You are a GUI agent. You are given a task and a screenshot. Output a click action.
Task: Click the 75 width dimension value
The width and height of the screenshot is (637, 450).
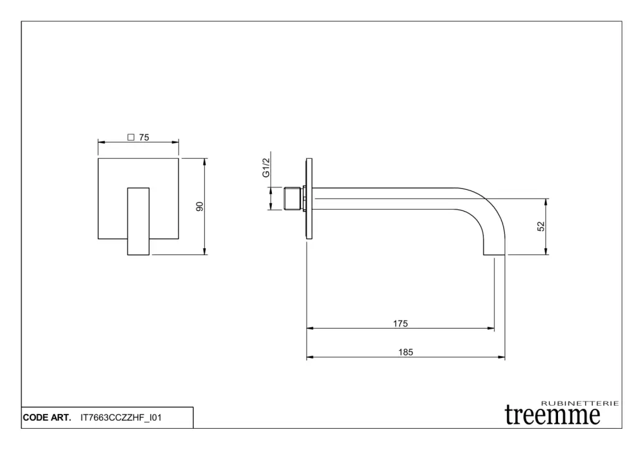click(144, 138)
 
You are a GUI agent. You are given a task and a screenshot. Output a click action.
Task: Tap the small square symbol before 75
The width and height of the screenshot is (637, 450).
click(131, 138)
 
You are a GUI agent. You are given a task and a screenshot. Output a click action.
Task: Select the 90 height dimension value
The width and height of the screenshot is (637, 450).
click(200, 207)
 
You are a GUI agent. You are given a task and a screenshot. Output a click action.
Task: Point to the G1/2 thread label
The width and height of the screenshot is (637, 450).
click(266, 167)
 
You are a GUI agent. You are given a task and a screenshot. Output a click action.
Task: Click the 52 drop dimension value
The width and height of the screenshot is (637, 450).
click(541, 227)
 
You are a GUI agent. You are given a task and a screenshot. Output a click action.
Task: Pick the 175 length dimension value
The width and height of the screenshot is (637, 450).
click(400, 324)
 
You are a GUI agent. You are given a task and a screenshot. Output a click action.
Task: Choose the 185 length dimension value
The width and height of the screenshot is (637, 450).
click(406, 352)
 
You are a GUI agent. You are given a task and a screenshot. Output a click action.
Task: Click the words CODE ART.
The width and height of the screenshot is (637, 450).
click(47, 418)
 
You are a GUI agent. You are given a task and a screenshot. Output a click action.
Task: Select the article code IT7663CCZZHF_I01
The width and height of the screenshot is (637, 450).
click(121, 418)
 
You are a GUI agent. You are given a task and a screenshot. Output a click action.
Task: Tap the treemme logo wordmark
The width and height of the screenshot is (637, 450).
click(552, 415)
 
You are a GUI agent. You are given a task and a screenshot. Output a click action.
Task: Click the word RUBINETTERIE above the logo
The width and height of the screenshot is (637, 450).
click(580, 403)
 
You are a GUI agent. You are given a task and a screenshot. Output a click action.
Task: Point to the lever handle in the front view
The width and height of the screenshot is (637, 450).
click(138, 221)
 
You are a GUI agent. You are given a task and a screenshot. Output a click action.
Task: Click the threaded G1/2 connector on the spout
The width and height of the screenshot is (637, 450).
click(293, 199)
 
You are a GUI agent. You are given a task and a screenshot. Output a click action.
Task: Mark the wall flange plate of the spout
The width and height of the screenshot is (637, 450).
click(309, 199)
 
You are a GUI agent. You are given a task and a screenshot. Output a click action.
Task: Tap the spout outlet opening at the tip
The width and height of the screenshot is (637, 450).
click(494, 255)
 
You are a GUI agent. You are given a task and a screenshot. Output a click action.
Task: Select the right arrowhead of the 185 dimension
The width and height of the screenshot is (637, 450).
click(502, 357)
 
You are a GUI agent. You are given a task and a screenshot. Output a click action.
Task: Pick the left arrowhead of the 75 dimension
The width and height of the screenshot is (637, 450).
click(101, 143)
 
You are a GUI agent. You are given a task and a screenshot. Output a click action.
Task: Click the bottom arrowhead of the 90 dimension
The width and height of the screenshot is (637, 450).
click(205, 251)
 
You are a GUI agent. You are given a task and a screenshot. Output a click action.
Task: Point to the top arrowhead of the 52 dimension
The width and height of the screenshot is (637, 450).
click(546, 202)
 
